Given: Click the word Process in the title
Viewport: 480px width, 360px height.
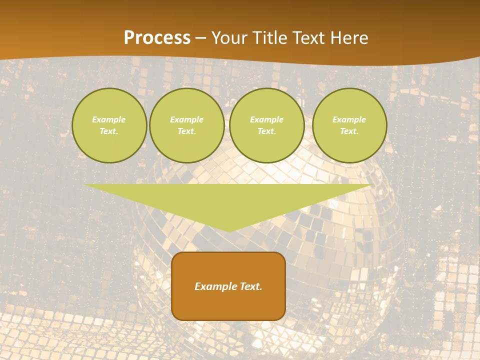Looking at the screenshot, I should pyautogui.click(x=157, y=38).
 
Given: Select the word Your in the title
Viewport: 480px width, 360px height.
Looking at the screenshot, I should pyautogui.click(x=228, y=38).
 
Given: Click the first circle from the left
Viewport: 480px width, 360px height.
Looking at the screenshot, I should pyautogui.click(x=109, y=125).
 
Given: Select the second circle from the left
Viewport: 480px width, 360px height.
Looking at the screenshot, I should pyautogui.click(x=187, y=125).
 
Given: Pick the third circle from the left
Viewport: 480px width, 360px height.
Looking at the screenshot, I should pyautogui.click(x=267, y=125).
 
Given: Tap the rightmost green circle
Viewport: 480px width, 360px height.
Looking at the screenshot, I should pyautogui.click(x=349, y=125).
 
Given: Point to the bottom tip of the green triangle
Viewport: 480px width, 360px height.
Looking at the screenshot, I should pyautogui.click(x=228, y=231).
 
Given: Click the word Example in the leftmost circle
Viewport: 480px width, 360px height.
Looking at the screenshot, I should pyautogui.click(x=109, y=120).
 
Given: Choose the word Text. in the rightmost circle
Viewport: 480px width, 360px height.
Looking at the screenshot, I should pyautogui.click(x=349, y=131).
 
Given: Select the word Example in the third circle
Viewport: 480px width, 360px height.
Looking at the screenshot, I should pyautogui.click(x=267, y=120).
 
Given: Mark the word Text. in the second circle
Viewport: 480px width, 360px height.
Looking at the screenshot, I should pyautogui.click(x=187, y=131).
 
